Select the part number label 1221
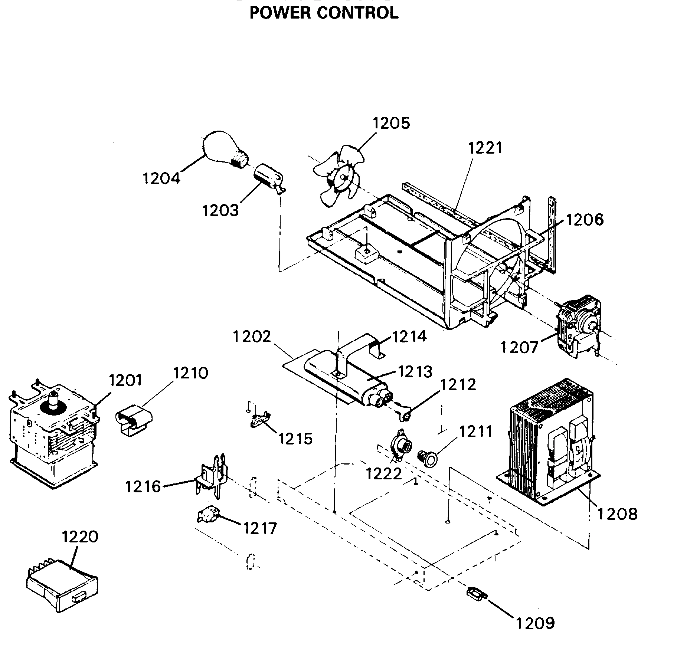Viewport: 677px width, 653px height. pos(485,148)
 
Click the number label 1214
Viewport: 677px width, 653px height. pos(409,337)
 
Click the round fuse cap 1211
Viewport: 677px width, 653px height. pos(429,459)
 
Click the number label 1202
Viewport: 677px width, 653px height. pos(252,337)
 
